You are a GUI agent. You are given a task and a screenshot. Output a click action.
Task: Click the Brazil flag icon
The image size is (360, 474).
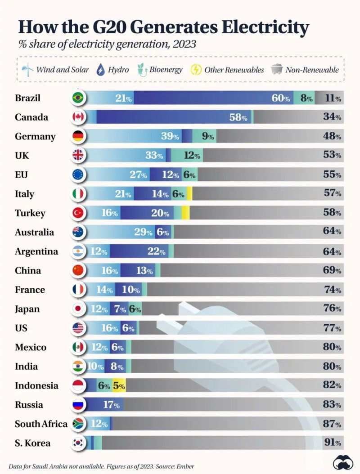coord(78,98)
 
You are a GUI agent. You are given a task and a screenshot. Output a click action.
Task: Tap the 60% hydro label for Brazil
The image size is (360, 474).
coord(280,98)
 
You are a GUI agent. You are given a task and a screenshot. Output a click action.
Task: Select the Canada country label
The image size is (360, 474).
coord(31,117)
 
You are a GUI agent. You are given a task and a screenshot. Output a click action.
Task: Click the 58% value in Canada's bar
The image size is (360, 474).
coord(238,117)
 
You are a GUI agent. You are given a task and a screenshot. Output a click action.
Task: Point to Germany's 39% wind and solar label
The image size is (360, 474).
coord(170,136)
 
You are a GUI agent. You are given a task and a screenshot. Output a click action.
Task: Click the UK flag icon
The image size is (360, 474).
coord(78,156)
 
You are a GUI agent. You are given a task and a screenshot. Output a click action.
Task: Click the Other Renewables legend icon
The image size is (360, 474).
coord(196,70)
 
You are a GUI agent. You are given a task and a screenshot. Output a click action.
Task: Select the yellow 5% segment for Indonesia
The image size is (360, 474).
coord(118,385)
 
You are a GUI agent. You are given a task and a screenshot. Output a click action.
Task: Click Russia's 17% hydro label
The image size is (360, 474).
coord(111,405)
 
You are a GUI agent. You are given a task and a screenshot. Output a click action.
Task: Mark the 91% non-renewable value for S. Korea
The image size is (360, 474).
coord(332,443)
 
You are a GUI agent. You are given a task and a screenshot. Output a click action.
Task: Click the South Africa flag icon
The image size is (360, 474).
coord(78,424)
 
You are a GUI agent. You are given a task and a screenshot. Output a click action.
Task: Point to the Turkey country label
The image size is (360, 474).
coord(30,213)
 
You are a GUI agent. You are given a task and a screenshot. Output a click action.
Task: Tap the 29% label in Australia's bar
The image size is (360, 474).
coord(143,232)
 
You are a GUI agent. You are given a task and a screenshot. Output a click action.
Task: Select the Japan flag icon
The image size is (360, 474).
coord(78,309)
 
